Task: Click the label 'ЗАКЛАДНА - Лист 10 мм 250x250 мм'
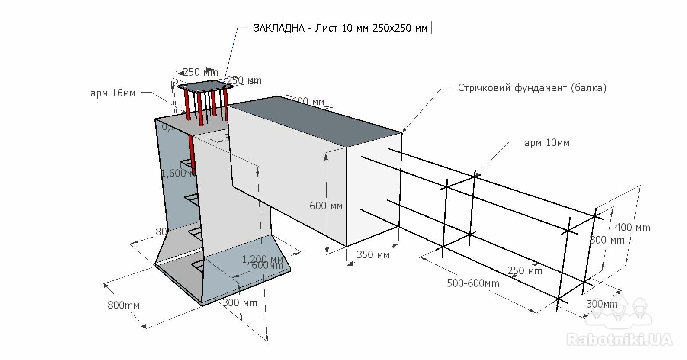coord(340,28)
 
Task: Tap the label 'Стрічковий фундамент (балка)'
coord(532,88)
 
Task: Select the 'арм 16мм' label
coord(113,93)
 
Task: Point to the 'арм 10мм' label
coord(547,143)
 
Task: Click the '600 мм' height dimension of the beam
coord(326,206)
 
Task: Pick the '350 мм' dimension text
coord(373,255)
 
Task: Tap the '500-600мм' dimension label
coord(473,283)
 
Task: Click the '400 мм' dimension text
coord(632,228)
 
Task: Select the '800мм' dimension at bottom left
coord(124,305)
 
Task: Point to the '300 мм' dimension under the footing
coord(240,303)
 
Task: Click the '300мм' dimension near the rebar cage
coord(602,304)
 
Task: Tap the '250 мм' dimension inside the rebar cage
coord(525,271)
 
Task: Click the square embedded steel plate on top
coord(205,86)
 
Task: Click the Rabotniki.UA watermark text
coord(620,340)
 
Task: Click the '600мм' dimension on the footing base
coord(267,265)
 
